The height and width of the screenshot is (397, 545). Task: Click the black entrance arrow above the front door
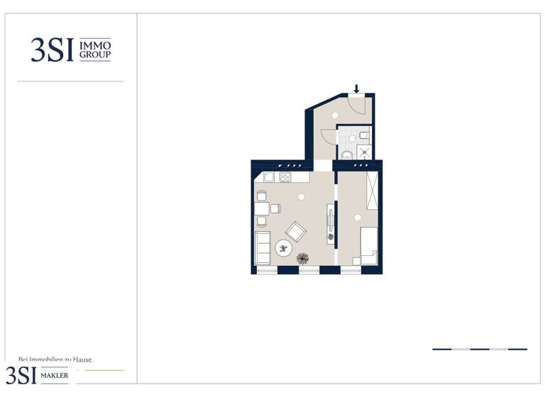tap(356, 89)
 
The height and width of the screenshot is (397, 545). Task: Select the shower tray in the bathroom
tap(363, 152)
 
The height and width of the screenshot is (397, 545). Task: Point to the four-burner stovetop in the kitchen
tap(285, 177)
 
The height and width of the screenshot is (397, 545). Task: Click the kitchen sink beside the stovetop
tap(269, 177)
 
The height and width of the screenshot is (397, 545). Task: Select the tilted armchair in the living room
tap(295, 230)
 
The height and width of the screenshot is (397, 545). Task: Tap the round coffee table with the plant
tap(284, 248)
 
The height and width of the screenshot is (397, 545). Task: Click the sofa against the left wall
tap(263, 247)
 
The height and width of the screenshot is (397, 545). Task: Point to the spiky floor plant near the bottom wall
tap(303, 258)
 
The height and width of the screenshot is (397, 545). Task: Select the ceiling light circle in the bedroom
tap(358, 217)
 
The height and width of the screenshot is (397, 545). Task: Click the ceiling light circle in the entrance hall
tap(335, 115)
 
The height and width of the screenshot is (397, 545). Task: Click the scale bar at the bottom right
tap(480, 349)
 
